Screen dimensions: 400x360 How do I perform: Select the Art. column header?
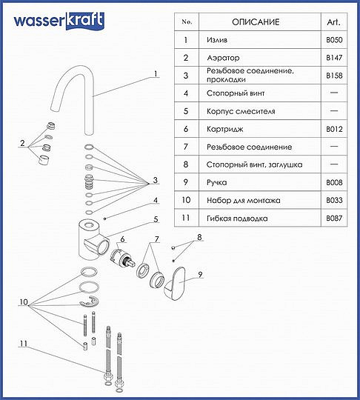[333, 21]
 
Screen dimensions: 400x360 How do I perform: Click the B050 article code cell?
[333, 39]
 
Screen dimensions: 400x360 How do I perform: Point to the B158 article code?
[333, 75]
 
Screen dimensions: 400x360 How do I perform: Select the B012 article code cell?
[333, 129]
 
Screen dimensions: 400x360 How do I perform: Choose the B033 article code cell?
[333, 201]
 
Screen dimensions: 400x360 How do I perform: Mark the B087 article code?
[333, 219]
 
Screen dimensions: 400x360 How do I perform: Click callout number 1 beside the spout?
[156, 73]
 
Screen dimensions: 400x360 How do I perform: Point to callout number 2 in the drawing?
[23, 142]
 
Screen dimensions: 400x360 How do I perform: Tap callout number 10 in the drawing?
[24, 302]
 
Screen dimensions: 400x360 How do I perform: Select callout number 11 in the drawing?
[24, 344]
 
